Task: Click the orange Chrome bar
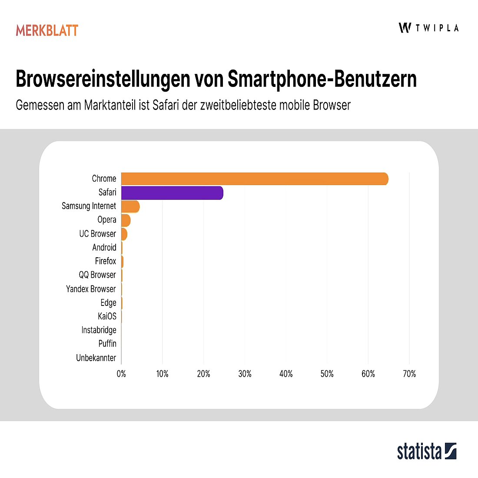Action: coord(254,179)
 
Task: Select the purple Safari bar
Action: coord(172,193)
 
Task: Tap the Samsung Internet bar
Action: coord(130,206)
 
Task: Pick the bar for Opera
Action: coord(126,220)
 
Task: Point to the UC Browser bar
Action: coord(124,234)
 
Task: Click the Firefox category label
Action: coord(106,261)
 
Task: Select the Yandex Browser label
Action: coord(91,289)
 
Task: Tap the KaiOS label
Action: coord(107,316)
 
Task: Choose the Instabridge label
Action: coord(99,330)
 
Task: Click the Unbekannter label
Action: coord(96,358)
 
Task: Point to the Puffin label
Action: coord(107,344)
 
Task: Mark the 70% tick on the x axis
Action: coord(409,374)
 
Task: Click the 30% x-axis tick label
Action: coord(245,374)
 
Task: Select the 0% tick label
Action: coord(121,374)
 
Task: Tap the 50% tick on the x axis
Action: coord(327,374)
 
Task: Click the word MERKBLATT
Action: coord(47,30)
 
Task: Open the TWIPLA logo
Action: coord(428,28)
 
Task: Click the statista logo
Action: coord(427,451)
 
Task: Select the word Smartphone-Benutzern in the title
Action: coord(322,79)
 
